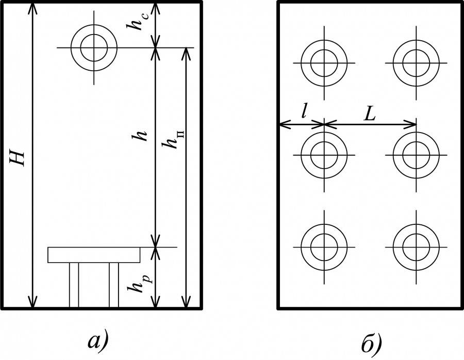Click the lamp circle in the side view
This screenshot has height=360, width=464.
[x=94, y=48]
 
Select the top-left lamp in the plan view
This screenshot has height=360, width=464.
[x=324, y=63]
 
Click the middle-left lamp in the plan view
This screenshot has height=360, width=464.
[x=324, y=154]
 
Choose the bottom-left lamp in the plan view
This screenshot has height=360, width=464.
[x=324, y=245]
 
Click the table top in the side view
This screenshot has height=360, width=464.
[x=94, y=255]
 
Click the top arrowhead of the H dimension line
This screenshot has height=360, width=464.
[x=33, y=7]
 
